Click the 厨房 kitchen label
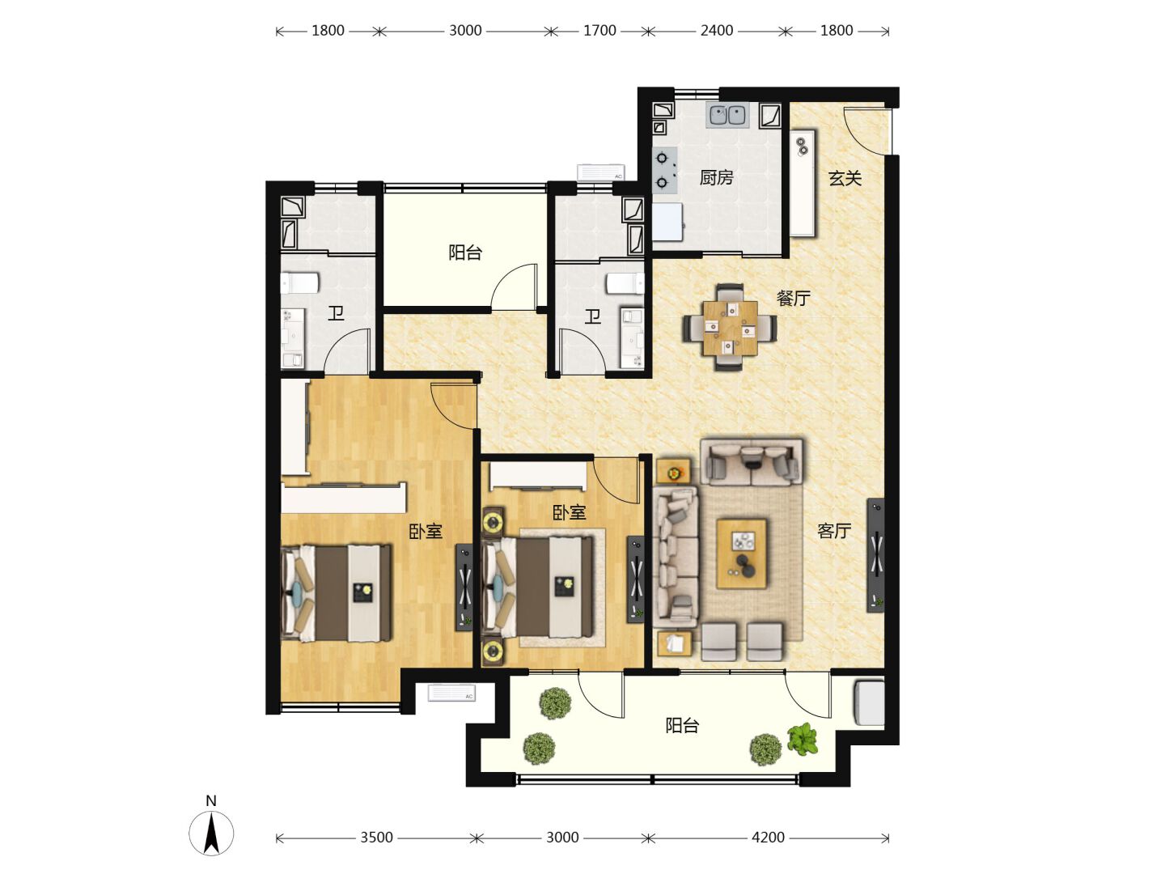click(x=716, y=178)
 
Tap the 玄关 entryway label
click(x=845, y=178)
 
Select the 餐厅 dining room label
click(x=794, y=299)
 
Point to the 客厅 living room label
click(x=834, y=531)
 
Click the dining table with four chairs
click(x=730, y=328)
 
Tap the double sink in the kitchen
click(x=727, y=116)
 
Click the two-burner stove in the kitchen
click(x=664, y=171)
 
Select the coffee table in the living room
click(x=741, y=554)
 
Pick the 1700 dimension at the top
click(x=599, y=31)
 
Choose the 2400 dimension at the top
click(x=717, y=31)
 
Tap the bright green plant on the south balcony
click(x=802, y=739)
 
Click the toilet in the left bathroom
click(x=299, y=283)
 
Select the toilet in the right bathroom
click(x=625, y=283)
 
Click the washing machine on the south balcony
click(x=869, y=704)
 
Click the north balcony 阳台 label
click(x=465, y=252)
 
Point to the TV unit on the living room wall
click(x=875, y=554)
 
